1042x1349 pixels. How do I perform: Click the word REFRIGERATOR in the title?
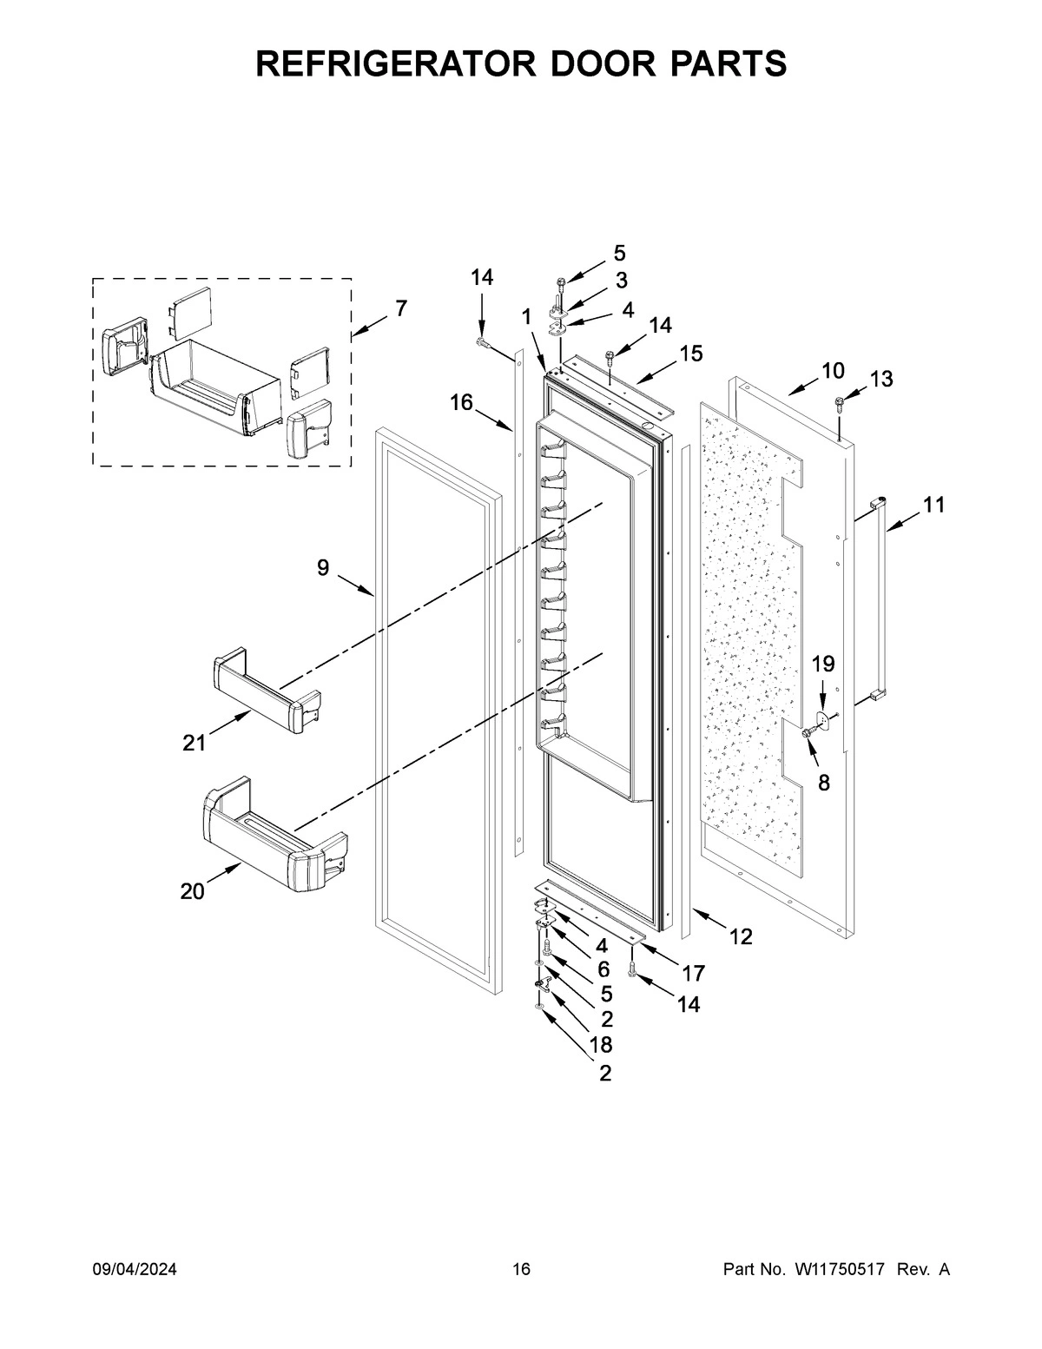tap(386, 64)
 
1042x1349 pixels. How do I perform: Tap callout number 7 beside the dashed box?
tap(400, 308)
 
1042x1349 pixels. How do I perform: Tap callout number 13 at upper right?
tap(880, 379)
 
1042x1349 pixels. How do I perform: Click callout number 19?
tap(823, 665)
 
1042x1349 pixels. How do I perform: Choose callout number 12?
tap(740, 936)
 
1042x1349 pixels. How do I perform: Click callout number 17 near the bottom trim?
tap(693, 973)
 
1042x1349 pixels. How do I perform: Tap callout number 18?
tap(601, 1044)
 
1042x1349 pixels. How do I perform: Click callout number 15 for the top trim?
tap(691, 354)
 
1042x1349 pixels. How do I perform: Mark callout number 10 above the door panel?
tap(832, 371)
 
